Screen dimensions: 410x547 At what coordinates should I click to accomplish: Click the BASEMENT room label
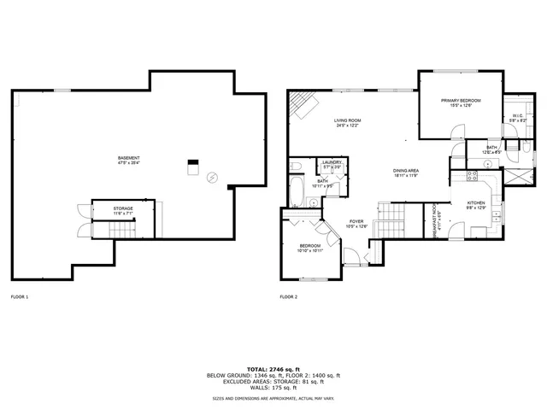pos(129,158)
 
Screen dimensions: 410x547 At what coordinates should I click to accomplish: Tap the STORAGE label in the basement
pos(124,208)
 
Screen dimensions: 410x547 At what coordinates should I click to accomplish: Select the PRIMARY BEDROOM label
pos(461,101)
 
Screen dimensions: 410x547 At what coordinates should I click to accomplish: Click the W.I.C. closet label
pos(518,116)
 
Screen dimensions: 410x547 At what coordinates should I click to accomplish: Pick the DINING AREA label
pos(405,171)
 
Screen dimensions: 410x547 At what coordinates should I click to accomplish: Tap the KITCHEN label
pos(476,202)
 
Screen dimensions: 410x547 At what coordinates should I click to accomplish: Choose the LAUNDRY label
pos(332,162)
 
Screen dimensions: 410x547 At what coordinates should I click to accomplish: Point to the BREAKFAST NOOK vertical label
pos(435,219)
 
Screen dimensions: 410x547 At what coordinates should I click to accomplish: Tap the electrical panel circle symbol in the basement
pos(212,176)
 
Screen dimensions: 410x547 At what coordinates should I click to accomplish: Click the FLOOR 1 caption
pos(20,296)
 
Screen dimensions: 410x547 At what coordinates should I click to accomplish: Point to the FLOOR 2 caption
pos(289,296)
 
